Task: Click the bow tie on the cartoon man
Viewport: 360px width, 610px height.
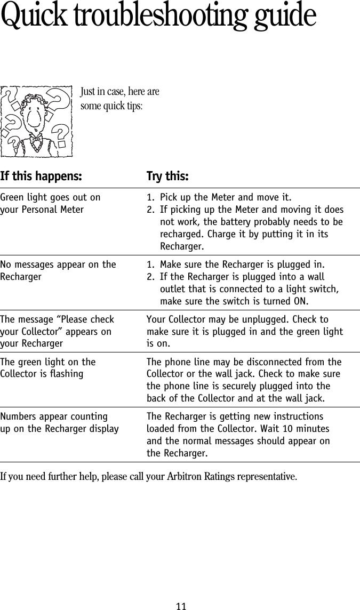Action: [36, 140]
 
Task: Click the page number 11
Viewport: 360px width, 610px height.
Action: [181, 606]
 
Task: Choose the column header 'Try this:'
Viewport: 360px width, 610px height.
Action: [167, 176]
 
